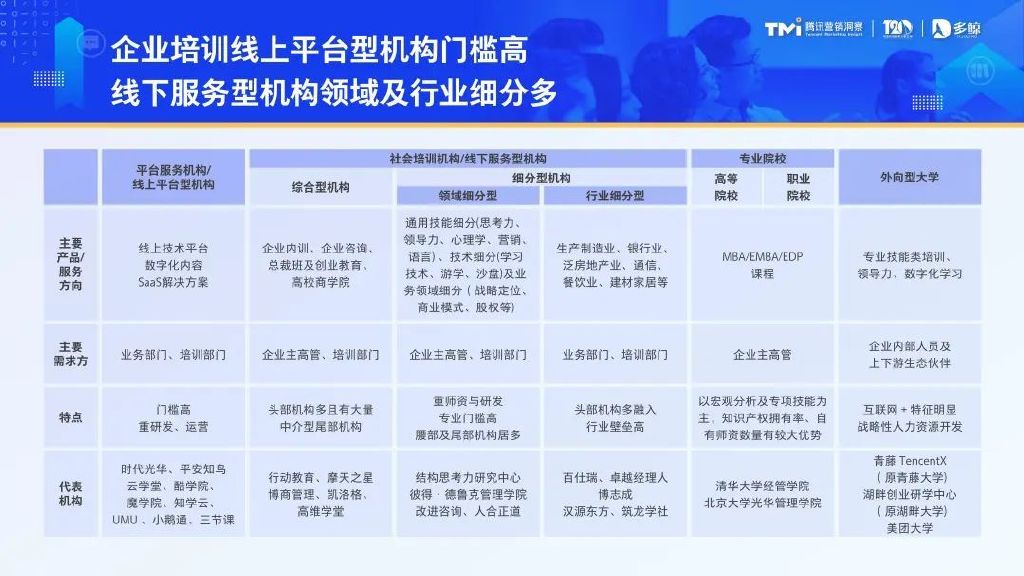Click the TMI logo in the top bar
[x=787, y=28]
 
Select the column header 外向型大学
[x=910, y=177]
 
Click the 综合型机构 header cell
[x=320, y=187]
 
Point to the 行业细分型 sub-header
[x=614, y=196]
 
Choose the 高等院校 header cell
[x=725, y=187]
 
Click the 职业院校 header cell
[x=798, y=187]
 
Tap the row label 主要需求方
[x=70, y=354]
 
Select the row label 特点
[x=70, y=418]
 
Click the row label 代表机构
[x=70, y=493]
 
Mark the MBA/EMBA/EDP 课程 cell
[x=762, y=264]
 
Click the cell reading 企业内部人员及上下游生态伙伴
[x=910, y=354]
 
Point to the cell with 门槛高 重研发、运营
[x=173, y=418]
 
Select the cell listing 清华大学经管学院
[x=762, y=494]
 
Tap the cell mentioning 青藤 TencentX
[x=910, y=494]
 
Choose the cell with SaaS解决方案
[x=173, y=264]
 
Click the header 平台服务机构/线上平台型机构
[x=173, y=177]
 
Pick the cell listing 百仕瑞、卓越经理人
[x=614, y=494]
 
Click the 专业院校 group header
[x=762, y=158]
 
